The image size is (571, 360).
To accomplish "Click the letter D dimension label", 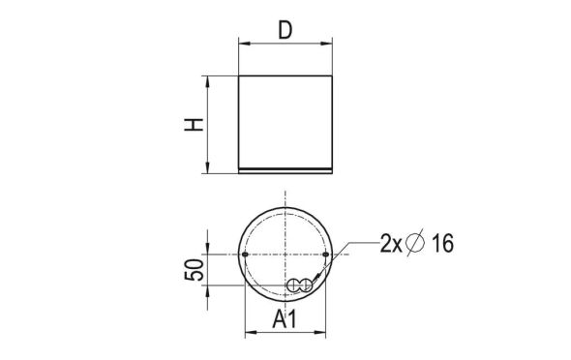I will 285,29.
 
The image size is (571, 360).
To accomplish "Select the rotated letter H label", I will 195,125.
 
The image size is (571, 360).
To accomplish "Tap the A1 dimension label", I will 286,320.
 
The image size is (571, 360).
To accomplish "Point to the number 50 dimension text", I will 194,270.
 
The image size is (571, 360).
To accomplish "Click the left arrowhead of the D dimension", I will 242,44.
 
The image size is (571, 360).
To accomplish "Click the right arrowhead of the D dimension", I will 330,44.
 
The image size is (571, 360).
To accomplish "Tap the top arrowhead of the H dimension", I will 208,80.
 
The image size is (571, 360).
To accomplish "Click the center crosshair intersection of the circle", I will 285,255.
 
